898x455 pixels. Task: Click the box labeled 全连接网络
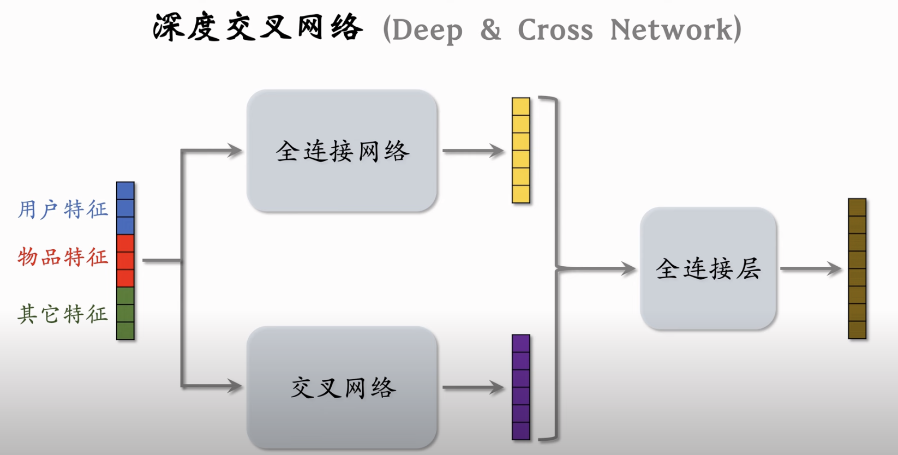(x=342, y=151)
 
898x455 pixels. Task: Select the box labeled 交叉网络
(x=342, y=387)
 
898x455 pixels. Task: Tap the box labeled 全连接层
(x=708, y=268)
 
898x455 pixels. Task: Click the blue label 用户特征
(x=63, y=209)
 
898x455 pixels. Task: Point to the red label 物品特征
(x=63, y=257)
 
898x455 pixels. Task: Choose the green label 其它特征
(x=63, y=314)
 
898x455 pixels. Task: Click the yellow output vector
(x=521, y=151)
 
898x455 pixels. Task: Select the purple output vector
(x=521, y=387)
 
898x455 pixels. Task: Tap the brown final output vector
(x=857, y=268)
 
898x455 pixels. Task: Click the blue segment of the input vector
(x=125, y=208)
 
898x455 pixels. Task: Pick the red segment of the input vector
(x=125, y=261)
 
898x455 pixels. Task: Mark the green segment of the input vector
(x=125, y=313)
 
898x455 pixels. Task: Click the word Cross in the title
(x=555, y=29)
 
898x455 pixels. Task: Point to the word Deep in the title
(x=427, y=31)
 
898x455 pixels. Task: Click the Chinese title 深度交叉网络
(x=258, y=27)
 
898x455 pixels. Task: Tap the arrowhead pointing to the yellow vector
(x=497, y=151)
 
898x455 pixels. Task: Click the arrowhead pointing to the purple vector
(x=497, y=387)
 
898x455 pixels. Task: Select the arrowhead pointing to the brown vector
(x=835, y=268)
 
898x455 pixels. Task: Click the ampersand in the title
(x=490, y=30)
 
